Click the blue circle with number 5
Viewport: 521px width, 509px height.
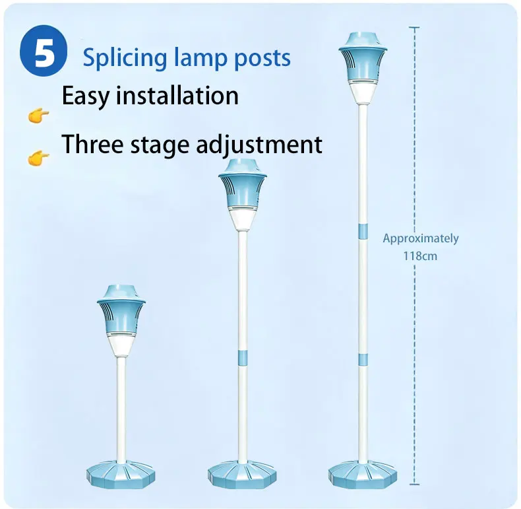point(44,51)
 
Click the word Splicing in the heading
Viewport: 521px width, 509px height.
point(125,59)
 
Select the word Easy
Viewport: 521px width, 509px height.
point(85,96)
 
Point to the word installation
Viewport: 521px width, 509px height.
point(177,95)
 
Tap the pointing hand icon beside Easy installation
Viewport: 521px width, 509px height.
point(38,116)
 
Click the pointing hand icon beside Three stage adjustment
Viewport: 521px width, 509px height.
point(38,158)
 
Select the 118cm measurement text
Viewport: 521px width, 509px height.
point(420,256)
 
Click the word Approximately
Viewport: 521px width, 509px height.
point(421,238)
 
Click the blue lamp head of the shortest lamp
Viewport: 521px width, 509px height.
point(121,310)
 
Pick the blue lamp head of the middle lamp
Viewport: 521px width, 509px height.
point(243,184)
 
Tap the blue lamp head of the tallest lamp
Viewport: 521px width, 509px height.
point(363,57)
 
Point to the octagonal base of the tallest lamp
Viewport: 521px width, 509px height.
point(363,475)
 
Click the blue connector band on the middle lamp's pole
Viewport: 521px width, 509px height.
point(243,357)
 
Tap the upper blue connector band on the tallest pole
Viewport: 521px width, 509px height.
point(363,232)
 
